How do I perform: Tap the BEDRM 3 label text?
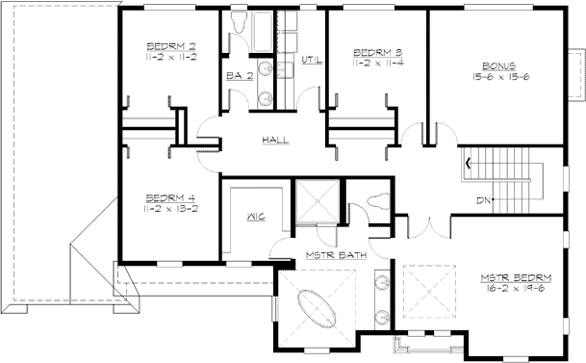point(371,53)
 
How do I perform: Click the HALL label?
point(275,141)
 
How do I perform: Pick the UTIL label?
point(311,61)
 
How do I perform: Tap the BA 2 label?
point(238,74)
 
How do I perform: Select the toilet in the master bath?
point(375,201)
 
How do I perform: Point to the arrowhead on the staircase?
point(470,162)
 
